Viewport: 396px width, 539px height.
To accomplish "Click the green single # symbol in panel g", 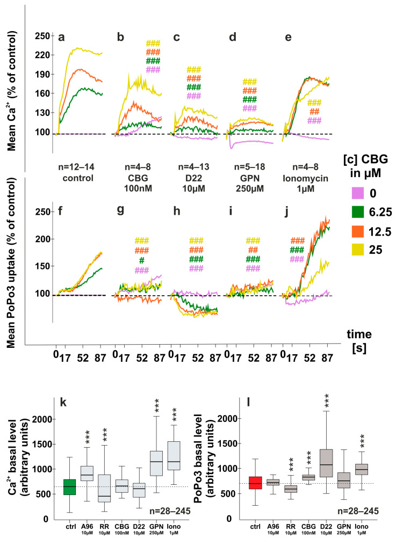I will pyautogui.click(x=142, y=260).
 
